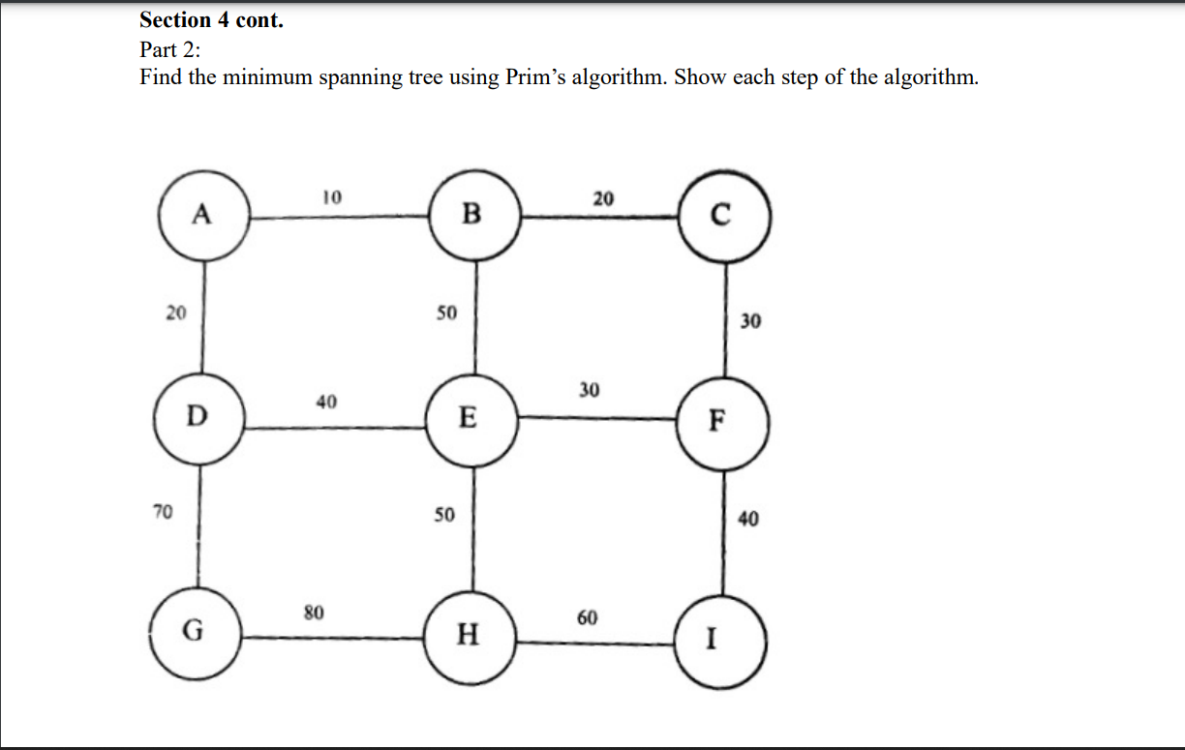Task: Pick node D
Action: tap(199, 417)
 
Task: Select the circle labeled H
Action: tap(470, 634)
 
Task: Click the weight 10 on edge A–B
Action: tap(331, 197)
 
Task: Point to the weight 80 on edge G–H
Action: tap(314, 613)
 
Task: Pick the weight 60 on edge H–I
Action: tap(588, 617)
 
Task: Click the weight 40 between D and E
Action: tap(326, 401)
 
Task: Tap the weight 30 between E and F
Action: tap(589, 390)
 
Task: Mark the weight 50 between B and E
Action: tap(445, 314)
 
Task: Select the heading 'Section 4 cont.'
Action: tap(211, 20)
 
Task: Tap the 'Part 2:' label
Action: tap(169, 49)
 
